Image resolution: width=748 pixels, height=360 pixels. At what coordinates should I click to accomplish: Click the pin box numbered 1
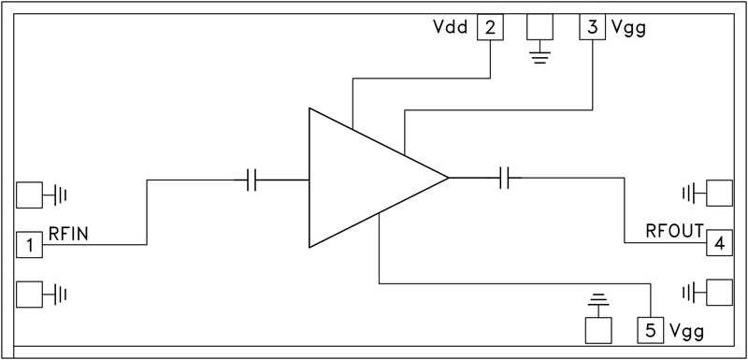click(x=30, y=245)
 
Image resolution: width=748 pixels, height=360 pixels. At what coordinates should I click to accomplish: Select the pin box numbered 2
click(x=490, y=27)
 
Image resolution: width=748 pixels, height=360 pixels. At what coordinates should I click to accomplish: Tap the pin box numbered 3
click(x=593, y=27)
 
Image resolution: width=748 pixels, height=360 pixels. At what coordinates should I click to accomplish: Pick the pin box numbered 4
click(x=719, y=244)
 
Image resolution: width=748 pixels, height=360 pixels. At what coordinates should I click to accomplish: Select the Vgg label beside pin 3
click(x=627, y=27)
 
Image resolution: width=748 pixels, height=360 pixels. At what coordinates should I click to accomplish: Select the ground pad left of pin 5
click(x=598, y=329)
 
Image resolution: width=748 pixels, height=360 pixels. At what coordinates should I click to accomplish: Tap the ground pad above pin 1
click(x=30, y=194)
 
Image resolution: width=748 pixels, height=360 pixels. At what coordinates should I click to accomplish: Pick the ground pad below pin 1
click(x=30, y=294)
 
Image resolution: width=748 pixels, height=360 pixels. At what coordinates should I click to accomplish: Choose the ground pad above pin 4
click(x=719, y=194)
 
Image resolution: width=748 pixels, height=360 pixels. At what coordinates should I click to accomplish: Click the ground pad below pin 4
click(x=719, y=293)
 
